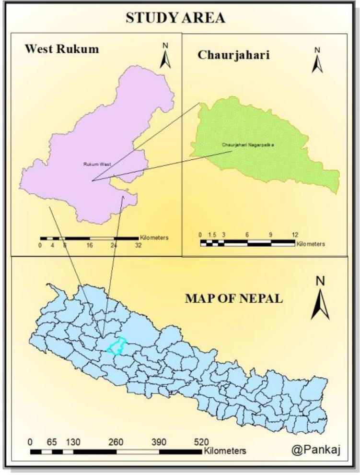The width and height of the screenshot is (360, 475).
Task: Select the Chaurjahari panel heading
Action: coord(233,55)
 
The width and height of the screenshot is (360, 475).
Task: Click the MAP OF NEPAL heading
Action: coord(234,298)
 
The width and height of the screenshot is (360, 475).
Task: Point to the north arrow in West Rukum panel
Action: coord(165,56)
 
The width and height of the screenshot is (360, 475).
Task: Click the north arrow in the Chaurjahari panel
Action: coord(317,60)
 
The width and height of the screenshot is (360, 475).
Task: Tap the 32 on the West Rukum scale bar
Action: coord(138,244)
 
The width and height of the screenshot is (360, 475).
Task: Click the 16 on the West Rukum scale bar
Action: coord(90,244)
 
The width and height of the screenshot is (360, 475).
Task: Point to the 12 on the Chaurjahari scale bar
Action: coord(295,235)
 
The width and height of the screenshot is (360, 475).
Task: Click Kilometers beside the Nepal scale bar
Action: coord(225,451)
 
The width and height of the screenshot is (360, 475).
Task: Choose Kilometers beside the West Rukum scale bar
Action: coord(154,237)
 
